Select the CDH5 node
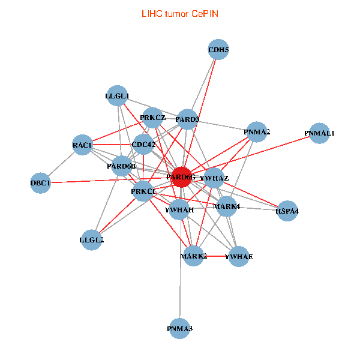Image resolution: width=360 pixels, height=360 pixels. coord(218,50)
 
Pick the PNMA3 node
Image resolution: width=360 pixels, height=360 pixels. coord(179,328)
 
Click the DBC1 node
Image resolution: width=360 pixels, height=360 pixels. coord(41,182)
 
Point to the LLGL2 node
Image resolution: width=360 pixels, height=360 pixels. coord(91,240)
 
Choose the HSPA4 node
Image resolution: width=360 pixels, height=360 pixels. coord(287,211)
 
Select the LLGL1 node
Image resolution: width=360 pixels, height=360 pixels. coord(117,95)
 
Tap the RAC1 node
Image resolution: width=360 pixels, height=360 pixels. coord(82,145)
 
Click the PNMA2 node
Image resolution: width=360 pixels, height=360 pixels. coord(257,131)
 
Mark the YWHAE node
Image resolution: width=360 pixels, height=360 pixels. coord(239,256)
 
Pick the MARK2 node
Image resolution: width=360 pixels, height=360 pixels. coord(194,256)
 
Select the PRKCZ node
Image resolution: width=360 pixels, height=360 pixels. coord(152,117)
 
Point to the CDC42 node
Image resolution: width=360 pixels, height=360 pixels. coord(143,144)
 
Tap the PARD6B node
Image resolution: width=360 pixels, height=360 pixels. coord(122,166)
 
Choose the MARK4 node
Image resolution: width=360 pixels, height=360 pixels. coord(227,206)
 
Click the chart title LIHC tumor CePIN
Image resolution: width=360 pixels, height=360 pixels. coord(179,13)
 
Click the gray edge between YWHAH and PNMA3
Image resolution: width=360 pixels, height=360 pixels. coord(179,276)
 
